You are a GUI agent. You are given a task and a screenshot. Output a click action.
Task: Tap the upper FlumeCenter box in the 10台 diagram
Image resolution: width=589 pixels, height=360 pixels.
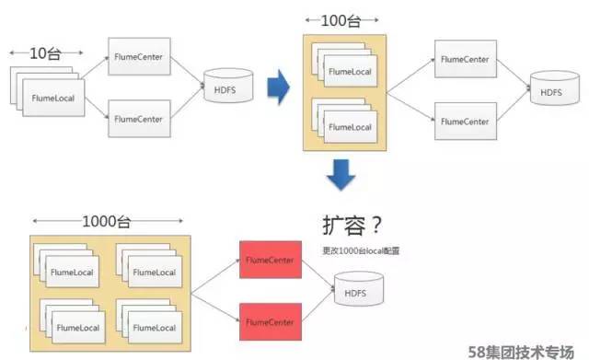pyautogui.click(x=139, y=56)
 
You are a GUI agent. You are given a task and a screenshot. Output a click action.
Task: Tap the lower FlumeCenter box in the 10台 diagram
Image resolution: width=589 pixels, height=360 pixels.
pyautogui.click(x=139, y=117)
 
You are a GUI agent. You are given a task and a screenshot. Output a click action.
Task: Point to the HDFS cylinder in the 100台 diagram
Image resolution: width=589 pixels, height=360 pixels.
pyautogui.click(x=549, y=92)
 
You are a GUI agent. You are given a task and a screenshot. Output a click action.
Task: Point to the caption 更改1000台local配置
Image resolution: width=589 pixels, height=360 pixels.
pyautogui.click(x=360, y=250)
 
